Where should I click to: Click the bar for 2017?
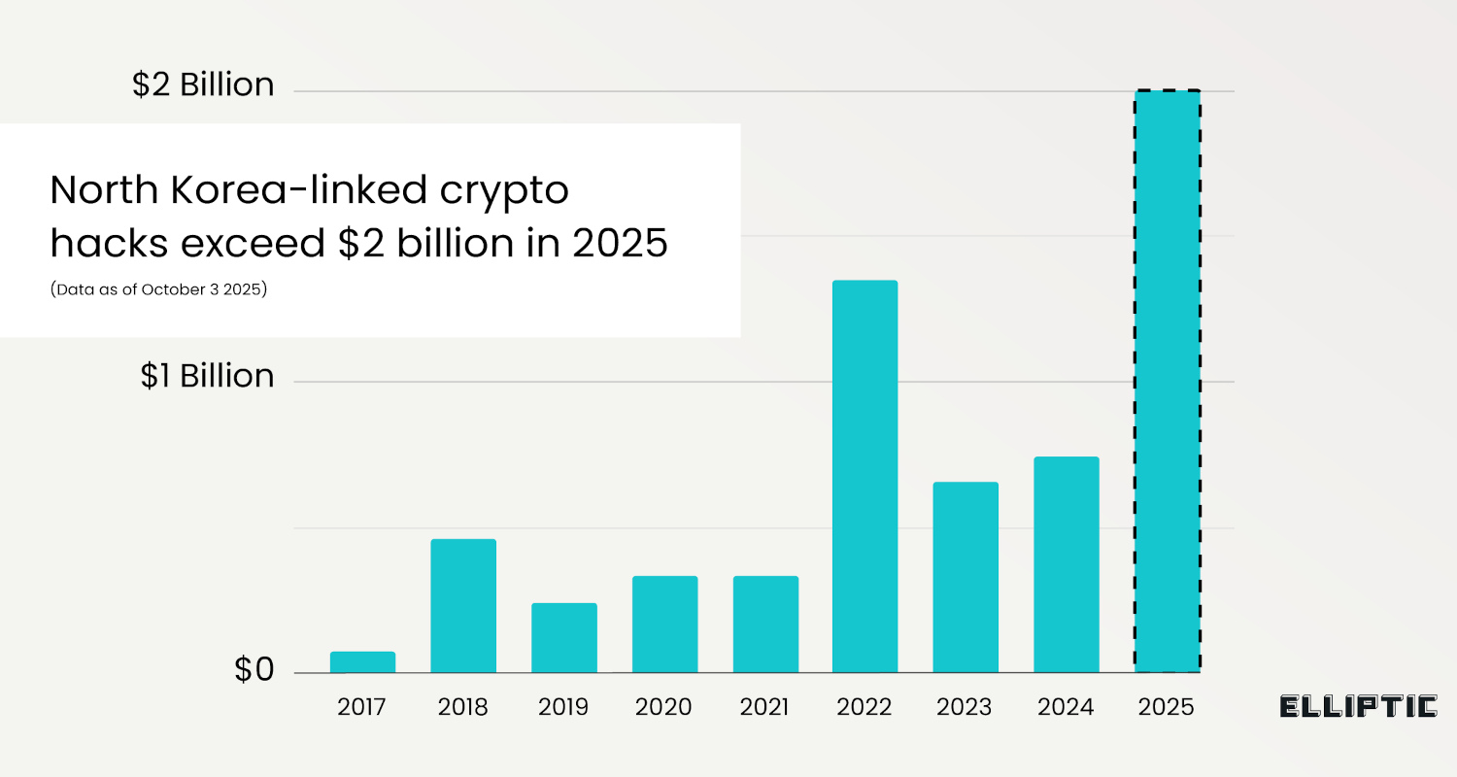362,661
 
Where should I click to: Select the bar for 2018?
463,605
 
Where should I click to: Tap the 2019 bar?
564,637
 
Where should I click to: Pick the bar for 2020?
664,624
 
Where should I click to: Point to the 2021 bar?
765,624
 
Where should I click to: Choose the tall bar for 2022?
865,476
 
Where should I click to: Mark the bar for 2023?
966,577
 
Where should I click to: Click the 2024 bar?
1067,564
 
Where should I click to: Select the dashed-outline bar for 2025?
1168,381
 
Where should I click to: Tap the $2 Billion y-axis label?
203,85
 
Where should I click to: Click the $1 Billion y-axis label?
207,376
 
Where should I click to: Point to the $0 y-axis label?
254,670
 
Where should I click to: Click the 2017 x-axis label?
361,706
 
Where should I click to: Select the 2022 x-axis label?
864,706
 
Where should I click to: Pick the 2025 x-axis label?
1166,706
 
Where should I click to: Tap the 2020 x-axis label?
663,706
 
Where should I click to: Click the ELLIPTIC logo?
1358,706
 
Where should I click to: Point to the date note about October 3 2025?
158,289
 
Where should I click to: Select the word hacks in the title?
104,244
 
